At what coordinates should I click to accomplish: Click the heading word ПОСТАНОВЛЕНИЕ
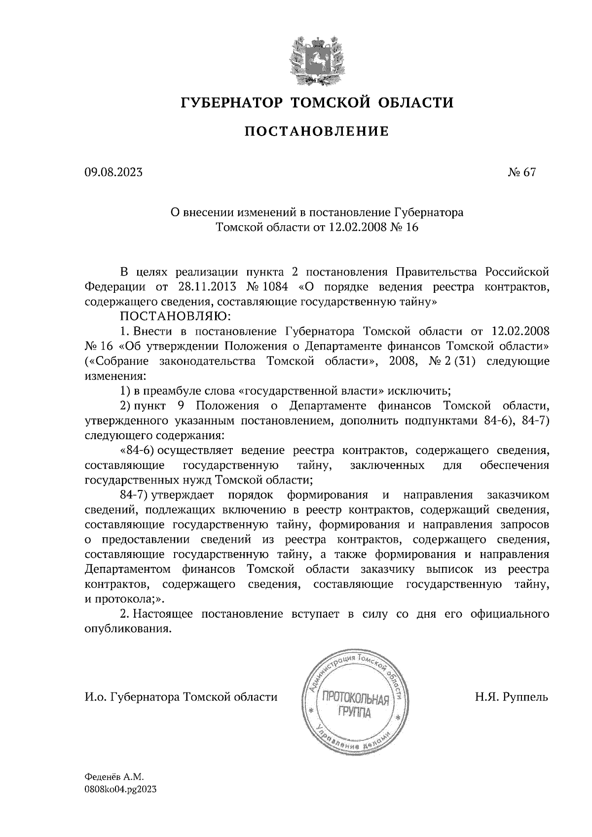[x=316, y=132]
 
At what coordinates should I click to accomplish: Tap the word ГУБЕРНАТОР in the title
[x=232, y=103]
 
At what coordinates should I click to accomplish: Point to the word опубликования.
[x=129, y=629]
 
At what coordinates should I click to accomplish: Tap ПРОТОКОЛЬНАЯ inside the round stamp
[x=355, y=698]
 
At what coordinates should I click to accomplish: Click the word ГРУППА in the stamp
[x=354, y=713]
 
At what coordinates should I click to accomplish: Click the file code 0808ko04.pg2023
[x=121, y=789]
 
